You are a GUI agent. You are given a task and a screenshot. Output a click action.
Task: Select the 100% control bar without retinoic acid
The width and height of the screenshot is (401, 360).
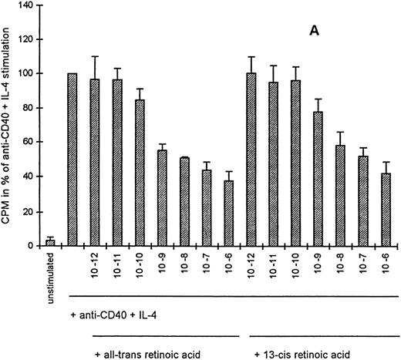(x=72, y=160)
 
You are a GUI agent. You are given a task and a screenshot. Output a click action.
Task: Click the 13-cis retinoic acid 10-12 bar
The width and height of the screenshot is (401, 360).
(x=251, y=160)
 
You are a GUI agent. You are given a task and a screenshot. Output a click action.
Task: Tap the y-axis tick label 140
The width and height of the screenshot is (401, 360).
(x=27, y=5)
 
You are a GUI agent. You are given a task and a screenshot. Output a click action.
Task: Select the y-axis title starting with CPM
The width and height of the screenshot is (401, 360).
(x=9, y=123)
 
